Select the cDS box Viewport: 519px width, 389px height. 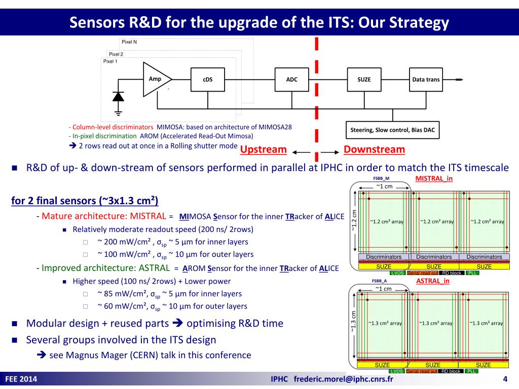point(208,80)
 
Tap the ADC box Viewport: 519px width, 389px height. point(292,80)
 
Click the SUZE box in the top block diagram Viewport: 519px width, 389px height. point(364,80)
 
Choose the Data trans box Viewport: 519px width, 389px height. point(426,80)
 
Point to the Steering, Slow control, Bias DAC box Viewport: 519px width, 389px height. point(392,130)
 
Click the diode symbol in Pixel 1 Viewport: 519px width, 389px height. point(119,96)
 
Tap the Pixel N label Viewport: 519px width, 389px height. point(129,42)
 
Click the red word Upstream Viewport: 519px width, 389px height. point(263,150)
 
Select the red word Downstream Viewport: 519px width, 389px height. point(374,149)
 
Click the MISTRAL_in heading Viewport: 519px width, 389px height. point(434,179)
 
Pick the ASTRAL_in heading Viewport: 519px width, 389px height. point(433,281)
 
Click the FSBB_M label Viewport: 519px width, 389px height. point(381,179)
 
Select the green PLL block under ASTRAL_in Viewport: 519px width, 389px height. point(471,371)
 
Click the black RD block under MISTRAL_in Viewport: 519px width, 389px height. point(451,273)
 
